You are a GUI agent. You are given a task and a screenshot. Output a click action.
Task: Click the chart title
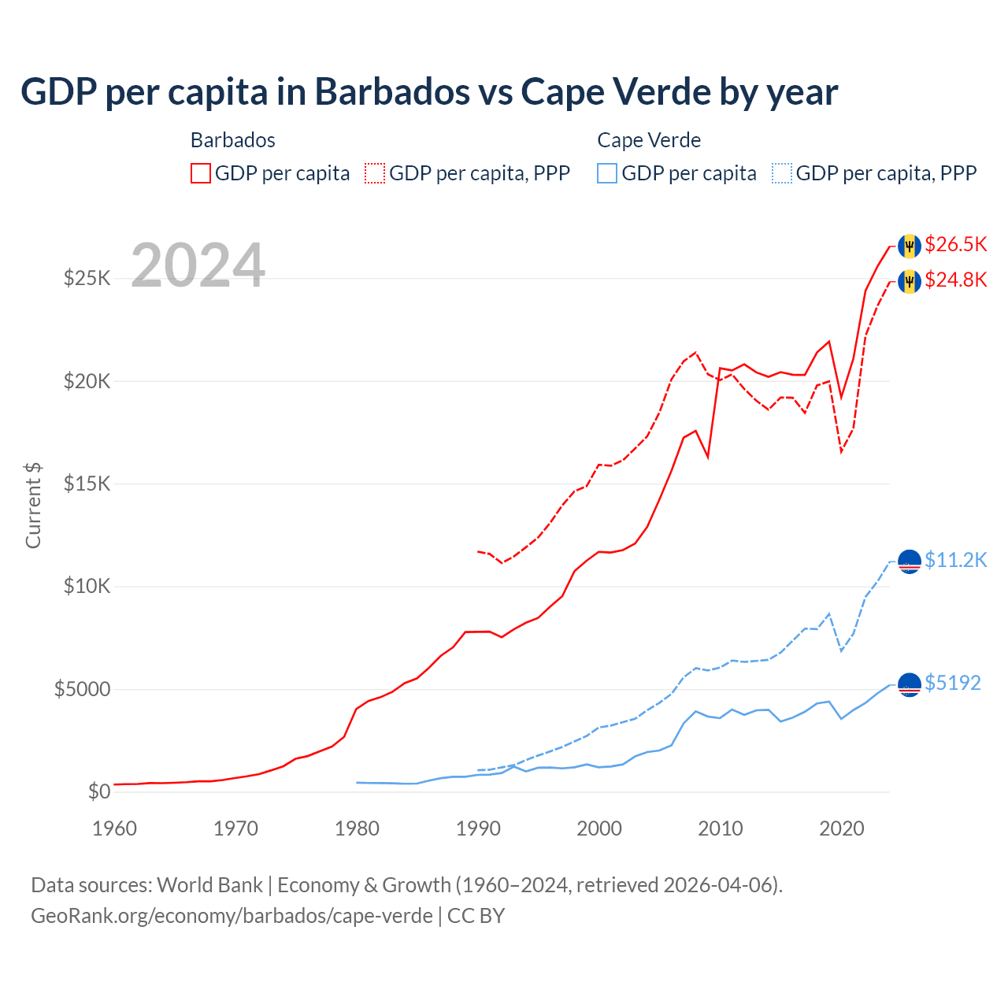point(429,92)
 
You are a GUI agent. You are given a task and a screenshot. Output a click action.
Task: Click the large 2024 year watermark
point(198,266)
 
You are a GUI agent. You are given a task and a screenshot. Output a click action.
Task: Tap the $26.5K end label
point(956,244)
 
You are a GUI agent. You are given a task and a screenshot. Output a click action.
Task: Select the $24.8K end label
point(956,280)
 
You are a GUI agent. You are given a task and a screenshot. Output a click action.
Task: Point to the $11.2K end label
point(956,560)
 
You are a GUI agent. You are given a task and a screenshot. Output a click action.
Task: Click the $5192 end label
point(953,683)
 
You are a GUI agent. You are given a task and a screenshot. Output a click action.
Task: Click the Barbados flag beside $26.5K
point(910,246)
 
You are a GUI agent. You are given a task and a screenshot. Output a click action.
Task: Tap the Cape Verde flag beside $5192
point(910,685)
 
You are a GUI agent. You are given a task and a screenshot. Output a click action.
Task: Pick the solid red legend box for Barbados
point(201,173)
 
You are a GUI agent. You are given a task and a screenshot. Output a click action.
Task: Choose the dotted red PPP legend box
point(375,173)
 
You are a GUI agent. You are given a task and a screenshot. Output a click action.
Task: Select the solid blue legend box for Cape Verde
point(607,173)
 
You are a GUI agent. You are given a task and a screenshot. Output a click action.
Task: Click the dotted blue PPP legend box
point(782,173)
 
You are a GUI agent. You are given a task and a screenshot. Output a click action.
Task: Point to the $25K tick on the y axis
point(87,278)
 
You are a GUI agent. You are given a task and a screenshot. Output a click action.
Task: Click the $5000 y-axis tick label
point(82,690)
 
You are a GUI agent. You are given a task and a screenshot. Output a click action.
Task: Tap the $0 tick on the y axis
point(98,791)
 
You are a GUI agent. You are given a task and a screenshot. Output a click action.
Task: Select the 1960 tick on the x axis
point(115,828)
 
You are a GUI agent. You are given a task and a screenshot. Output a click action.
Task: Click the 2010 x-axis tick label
point(721,828)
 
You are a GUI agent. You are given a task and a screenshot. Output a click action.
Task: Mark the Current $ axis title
point(33,506)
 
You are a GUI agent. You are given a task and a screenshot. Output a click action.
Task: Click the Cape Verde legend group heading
point(649,140)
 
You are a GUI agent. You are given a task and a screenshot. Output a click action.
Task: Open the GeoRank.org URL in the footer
point(232,916)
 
